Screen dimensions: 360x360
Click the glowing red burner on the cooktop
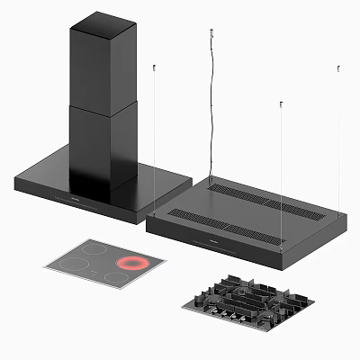tap(131, 264)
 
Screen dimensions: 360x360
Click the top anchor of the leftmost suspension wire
tap(155, 67)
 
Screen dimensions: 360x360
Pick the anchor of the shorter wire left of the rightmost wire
tap(282, 105)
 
